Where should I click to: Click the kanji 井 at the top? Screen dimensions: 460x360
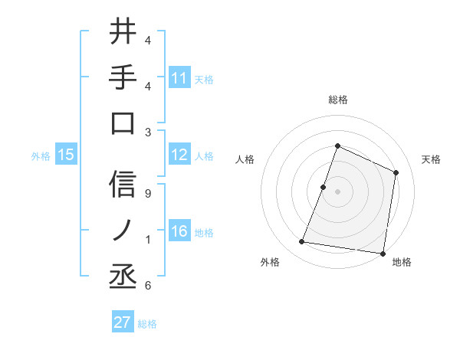click(x=123, y=31)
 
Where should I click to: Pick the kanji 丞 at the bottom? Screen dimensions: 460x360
click(x=123, y=275)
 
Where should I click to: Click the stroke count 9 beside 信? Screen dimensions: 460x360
click(x=147, y=194)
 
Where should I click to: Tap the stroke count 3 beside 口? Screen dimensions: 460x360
click(x=147, y=132)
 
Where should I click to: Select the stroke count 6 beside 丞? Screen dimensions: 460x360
click(x=147, y=286)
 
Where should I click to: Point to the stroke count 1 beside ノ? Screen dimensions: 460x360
click(x=147, y=241)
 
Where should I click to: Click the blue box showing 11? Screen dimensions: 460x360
click(x=179, y=77)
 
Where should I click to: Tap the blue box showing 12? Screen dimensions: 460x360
click(x=179, y=155)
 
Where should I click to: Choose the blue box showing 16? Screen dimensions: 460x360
click(x=179, y=232)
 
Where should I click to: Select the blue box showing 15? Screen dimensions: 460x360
click(x=66, y=155)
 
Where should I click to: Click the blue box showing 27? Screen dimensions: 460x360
click(x=123, y=322)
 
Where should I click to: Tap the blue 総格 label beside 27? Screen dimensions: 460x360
click(x=147, y=324)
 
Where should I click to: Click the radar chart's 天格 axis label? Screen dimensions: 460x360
click(x=431, y=159)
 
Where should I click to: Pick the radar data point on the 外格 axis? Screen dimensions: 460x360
click(x=302, y=242)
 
